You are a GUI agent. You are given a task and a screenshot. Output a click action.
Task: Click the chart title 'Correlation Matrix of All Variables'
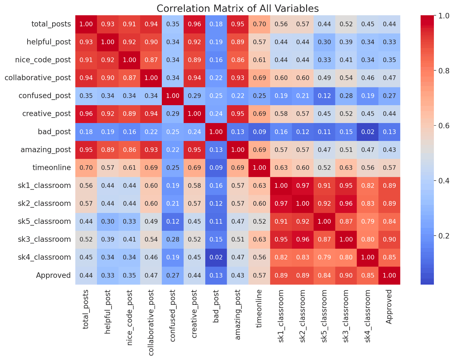pos(237,8)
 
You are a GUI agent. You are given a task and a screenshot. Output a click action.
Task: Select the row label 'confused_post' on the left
pos(45,96)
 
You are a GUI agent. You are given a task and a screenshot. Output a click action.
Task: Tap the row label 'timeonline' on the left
pos(52,168)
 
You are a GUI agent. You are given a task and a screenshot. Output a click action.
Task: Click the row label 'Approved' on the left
pos(54,275)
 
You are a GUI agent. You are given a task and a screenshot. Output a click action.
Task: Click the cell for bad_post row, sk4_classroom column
pos(368,132)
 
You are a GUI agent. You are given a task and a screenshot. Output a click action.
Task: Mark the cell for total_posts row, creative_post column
pos(195,24)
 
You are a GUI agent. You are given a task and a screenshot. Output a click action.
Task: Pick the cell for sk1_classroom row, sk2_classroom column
pos(303,186)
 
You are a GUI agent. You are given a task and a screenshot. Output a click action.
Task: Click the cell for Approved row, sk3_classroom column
pos(346,275)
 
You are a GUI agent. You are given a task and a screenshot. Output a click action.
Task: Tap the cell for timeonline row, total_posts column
pos(86,168)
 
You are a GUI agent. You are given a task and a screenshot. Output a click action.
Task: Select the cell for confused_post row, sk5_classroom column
pos(324,96)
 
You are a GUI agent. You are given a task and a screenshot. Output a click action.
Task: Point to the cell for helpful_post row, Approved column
pos(389,42)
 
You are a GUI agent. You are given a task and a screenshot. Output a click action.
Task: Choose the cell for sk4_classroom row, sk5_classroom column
pos(324,257)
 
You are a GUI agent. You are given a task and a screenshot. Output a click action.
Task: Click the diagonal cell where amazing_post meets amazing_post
pos(238,150)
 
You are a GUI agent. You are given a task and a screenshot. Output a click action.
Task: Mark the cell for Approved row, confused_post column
pos(173,275)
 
